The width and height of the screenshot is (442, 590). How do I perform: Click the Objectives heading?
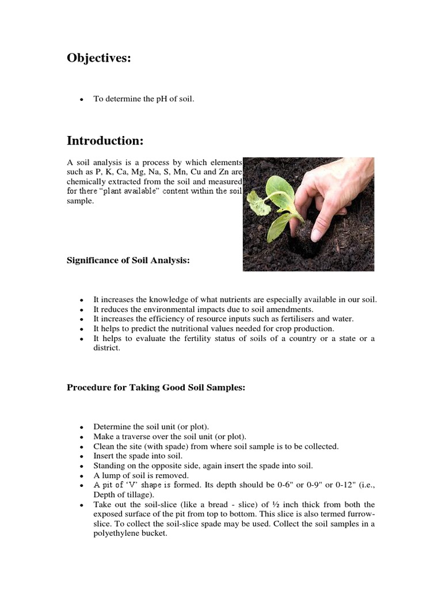point(99,58)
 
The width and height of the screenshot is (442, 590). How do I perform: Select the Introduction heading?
point(105,141)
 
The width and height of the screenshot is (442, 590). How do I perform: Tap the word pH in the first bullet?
point(165,99)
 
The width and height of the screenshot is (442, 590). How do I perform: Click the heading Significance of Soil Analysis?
point(128,261)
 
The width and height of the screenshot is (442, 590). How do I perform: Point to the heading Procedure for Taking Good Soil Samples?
point(156,388)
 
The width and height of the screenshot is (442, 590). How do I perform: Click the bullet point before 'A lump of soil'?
point(82,476)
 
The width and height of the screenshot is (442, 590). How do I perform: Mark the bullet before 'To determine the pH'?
point(82,100)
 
